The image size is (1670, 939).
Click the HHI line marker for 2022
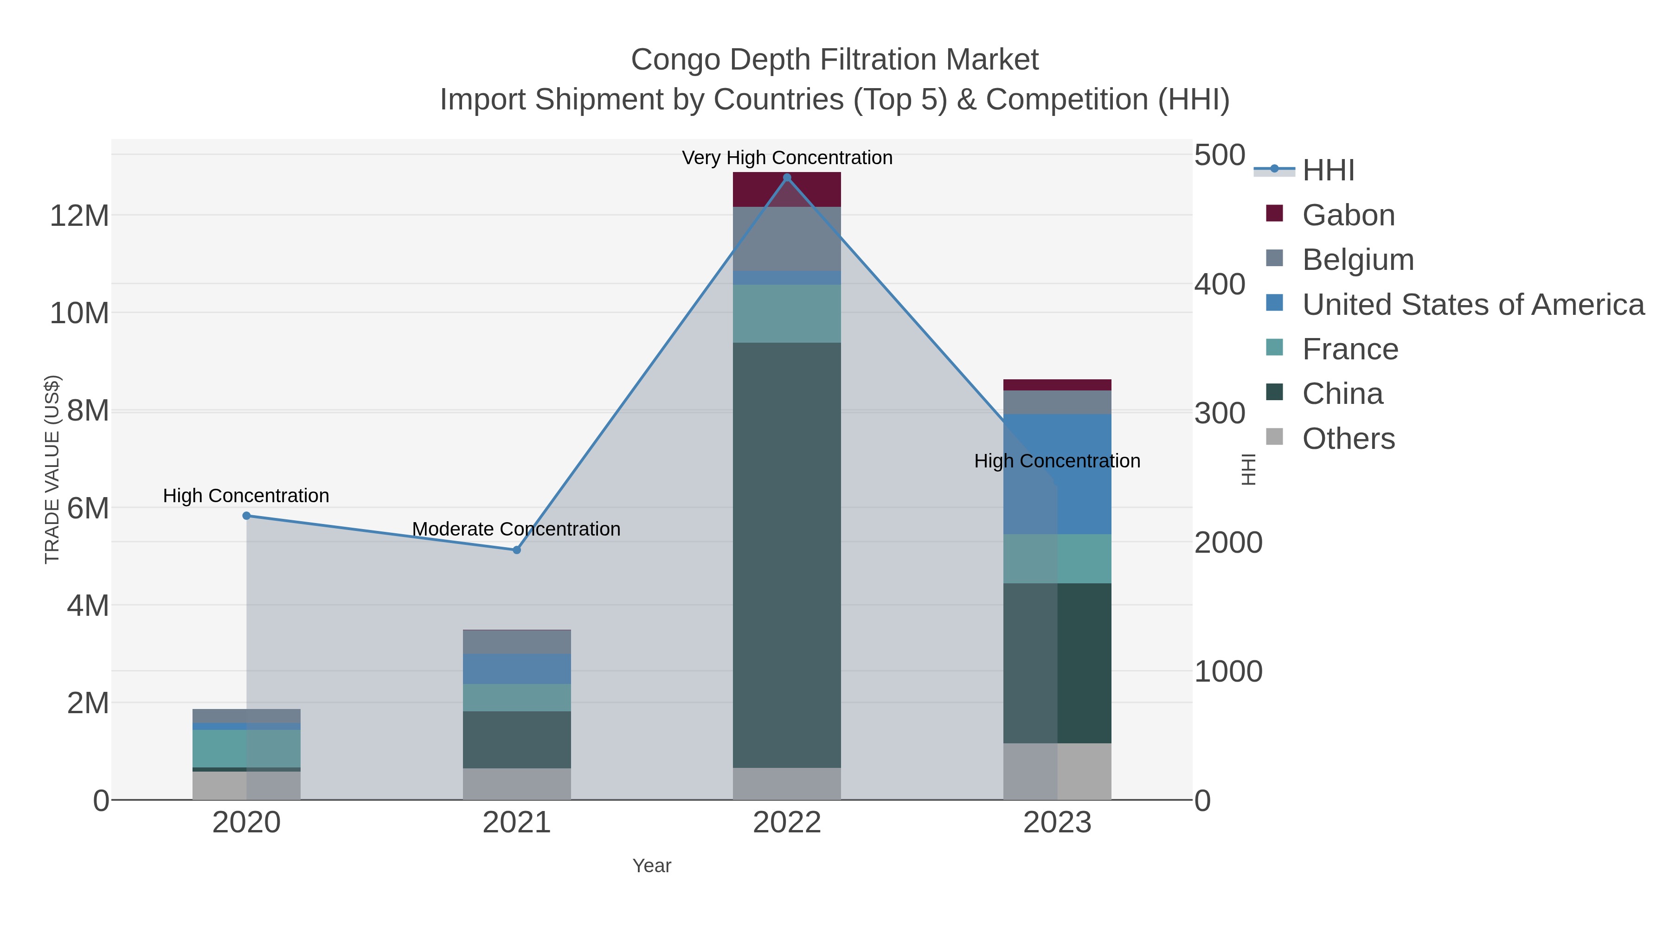pos(787,178)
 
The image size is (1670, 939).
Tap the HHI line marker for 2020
pos(246,516)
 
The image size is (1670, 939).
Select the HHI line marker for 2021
pos(517,550)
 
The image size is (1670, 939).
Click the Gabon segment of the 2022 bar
pos(787,190)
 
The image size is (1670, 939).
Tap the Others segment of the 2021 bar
pos(517,784)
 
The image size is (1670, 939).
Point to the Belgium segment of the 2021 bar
pos(517,642)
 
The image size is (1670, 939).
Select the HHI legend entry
pos(1328,171)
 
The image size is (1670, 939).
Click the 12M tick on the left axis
pos(79,216)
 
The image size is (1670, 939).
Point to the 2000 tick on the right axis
pos(1228,543)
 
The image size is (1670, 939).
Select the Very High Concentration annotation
pos(787,158)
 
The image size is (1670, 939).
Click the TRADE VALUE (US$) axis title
pos(52,469)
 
